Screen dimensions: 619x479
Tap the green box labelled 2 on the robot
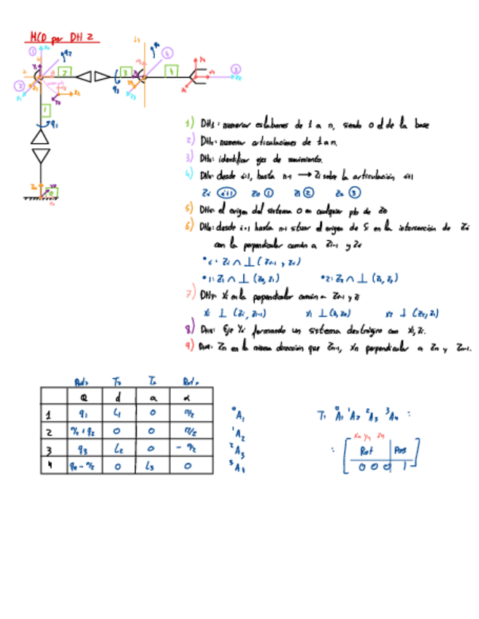[66, 72]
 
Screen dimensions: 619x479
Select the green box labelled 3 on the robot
[125, 72]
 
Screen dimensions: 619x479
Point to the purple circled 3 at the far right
[235, 69]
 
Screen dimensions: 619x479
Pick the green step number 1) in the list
[190, 124]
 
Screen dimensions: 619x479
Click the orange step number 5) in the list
[190, 208]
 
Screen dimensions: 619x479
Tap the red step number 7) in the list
[190, 295]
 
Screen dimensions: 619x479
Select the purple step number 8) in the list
[190, 328]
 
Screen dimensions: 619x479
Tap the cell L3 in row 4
[154, 466]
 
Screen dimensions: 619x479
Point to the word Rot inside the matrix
[367, 450]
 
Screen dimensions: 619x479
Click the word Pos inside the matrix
[402, 450]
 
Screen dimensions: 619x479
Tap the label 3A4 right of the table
[238, 468]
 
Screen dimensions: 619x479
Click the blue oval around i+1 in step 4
[228, 193]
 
